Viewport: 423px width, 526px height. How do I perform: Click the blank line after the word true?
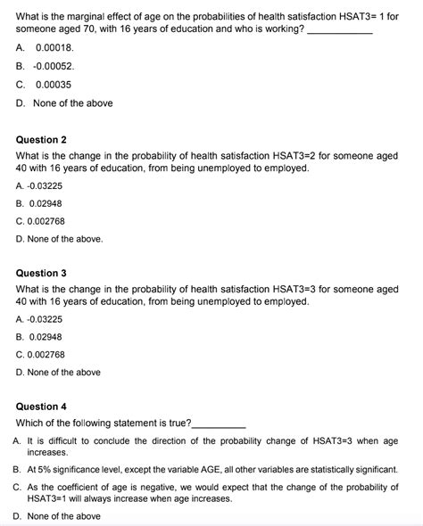click(x=219, y=422)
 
